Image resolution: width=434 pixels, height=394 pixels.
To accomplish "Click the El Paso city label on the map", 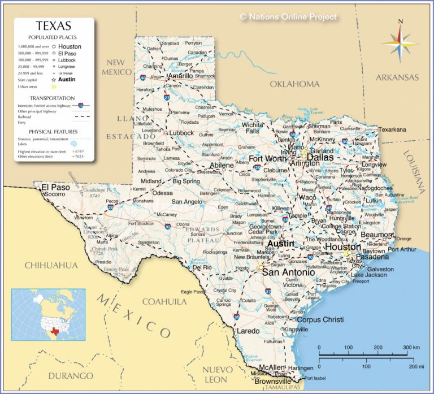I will click(55, 187).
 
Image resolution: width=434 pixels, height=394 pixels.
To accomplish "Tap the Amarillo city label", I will click(180, 76).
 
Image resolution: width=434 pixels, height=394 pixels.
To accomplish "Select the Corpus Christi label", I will click(320, 319).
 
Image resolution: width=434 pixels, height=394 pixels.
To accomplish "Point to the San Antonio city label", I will click(288, 272).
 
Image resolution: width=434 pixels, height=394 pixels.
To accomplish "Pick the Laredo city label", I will click(248, 330).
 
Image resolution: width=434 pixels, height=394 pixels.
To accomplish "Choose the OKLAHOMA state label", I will click(294, 84).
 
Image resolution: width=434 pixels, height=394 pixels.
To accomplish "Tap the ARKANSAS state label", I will click(397, 77).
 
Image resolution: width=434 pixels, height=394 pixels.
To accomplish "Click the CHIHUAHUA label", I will click(51, 265).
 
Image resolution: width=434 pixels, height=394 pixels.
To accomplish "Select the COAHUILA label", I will click(164, 301).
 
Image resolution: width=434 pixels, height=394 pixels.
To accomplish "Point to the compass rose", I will click(400, 42).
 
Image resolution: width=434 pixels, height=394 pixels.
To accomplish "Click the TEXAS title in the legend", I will click(54, 26).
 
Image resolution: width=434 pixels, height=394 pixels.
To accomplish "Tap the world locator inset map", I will click(48, 315).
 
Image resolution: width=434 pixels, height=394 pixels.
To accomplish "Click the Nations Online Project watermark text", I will click(288, 17).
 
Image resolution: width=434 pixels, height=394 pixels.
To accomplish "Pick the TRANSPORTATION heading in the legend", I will click(54, 98).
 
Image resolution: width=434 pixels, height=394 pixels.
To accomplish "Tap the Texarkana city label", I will click(392, 129).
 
